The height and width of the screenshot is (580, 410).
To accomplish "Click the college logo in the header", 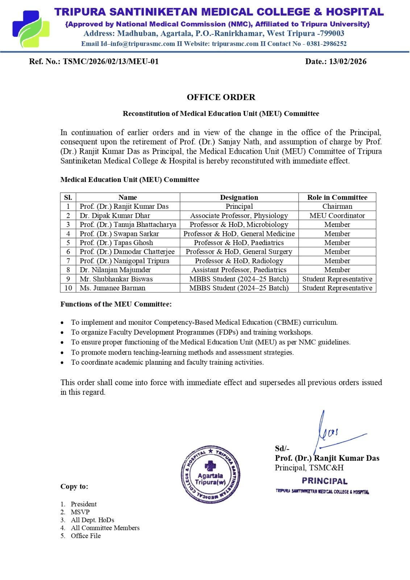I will click(31, 29).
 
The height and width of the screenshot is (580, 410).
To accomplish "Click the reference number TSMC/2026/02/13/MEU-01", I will click(111, 61).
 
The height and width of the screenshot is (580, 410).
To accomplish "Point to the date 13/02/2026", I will click(348, 61).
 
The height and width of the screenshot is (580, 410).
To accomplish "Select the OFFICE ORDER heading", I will click(221, 97).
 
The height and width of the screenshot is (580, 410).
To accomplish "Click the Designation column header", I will click(239, 197).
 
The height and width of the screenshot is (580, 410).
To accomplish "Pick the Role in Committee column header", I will click(337, 197).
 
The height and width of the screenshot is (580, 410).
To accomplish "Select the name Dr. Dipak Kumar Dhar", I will click(115, 215).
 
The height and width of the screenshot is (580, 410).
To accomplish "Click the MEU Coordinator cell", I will click(337, 215).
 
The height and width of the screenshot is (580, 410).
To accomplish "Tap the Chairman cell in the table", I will click(337, 206).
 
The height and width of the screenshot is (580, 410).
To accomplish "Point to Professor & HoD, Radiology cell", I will click(239, 261).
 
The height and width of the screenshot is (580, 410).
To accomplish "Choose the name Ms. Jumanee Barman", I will click(112, 288).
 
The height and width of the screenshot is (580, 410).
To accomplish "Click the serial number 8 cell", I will click(68, 270).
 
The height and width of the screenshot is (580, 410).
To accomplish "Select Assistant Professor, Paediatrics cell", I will click(239, 270).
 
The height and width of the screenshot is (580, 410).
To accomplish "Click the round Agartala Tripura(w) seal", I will click(210, 474).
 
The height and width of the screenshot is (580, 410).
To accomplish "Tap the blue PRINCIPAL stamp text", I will click(324, 481).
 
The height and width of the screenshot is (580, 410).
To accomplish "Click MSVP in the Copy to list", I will click(80, 512).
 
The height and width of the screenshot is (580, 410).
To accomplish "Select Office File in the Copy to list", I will click(86, 536).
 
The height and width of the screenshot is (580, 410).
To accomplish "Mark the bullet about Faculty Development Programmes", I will click(191, 332).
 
